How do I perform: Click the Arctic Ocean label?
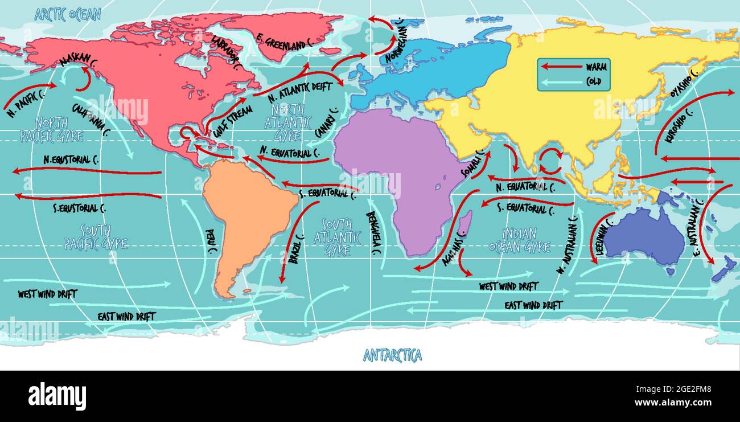68,14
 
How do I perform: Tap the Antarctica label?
393,356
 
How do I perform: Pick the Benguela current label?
374,233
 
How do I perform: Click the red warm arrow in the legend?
560,67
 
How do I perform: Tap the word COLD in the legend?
596,81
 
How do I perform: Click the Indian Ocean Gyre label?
519,240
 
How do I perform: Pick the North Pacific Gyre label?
52,129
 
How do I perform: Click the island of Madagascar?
464,224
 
